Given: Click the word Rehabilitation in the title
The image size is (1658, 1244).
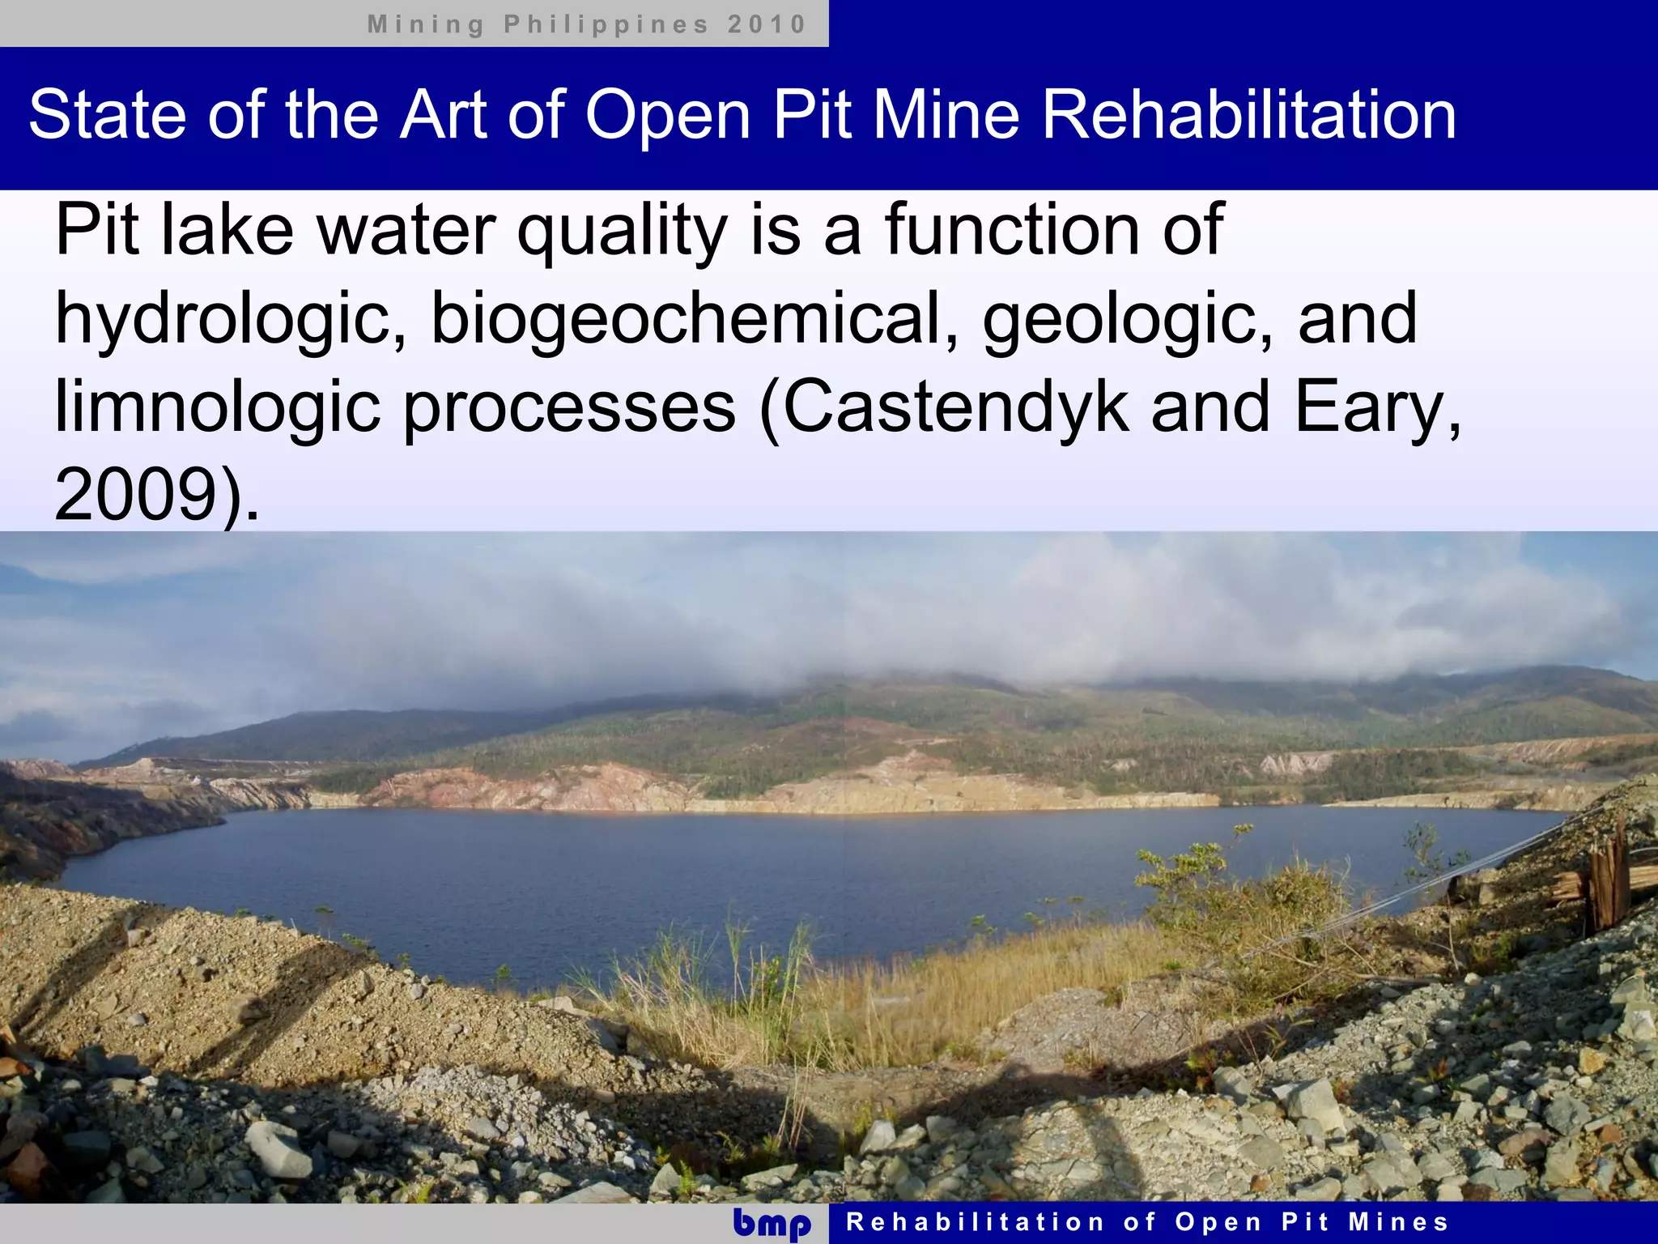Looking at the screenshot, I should coord(1248,115).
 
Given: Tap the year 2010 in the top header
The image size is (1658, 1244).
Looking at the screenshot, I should coord(767,24).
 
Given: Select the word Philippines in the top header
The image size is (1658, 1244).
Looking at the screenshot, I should coord(606,24).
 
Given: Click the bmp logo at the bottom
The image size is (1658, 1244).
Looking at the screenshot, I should coord(772,1224).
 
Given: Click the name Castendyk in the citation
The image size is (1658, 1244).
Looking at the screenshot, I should coord(955,407).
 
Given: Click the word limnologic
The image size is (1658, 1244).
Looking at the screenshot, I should coord(218,407).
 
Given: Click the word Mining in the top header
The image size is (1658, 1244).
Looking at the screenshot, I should coord(426,24).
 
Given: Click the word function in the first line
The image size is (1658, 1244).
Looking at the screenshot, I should coord(1012,230).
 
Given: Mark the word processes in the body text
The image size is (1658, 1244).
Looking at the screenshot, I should coord(569,407).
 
